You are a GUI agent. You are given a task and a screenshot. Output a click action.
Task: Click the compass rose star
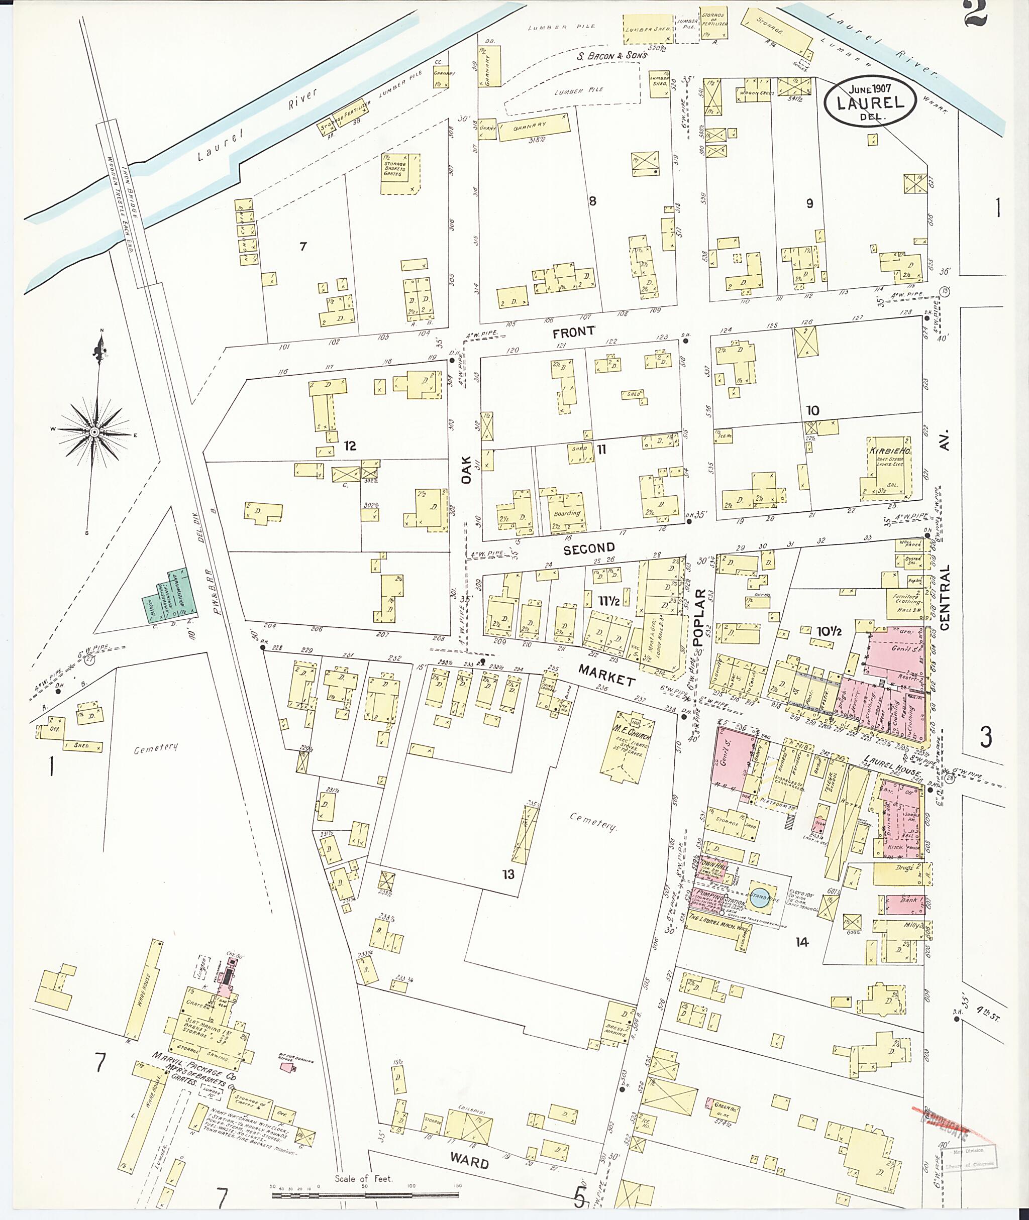tap(93, 431)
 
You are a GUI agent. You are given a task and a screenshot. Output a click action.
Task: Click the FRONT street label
tap(574, 332)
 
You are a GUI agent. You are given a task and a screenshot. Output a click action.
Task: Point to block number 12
tap(350, 446)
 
